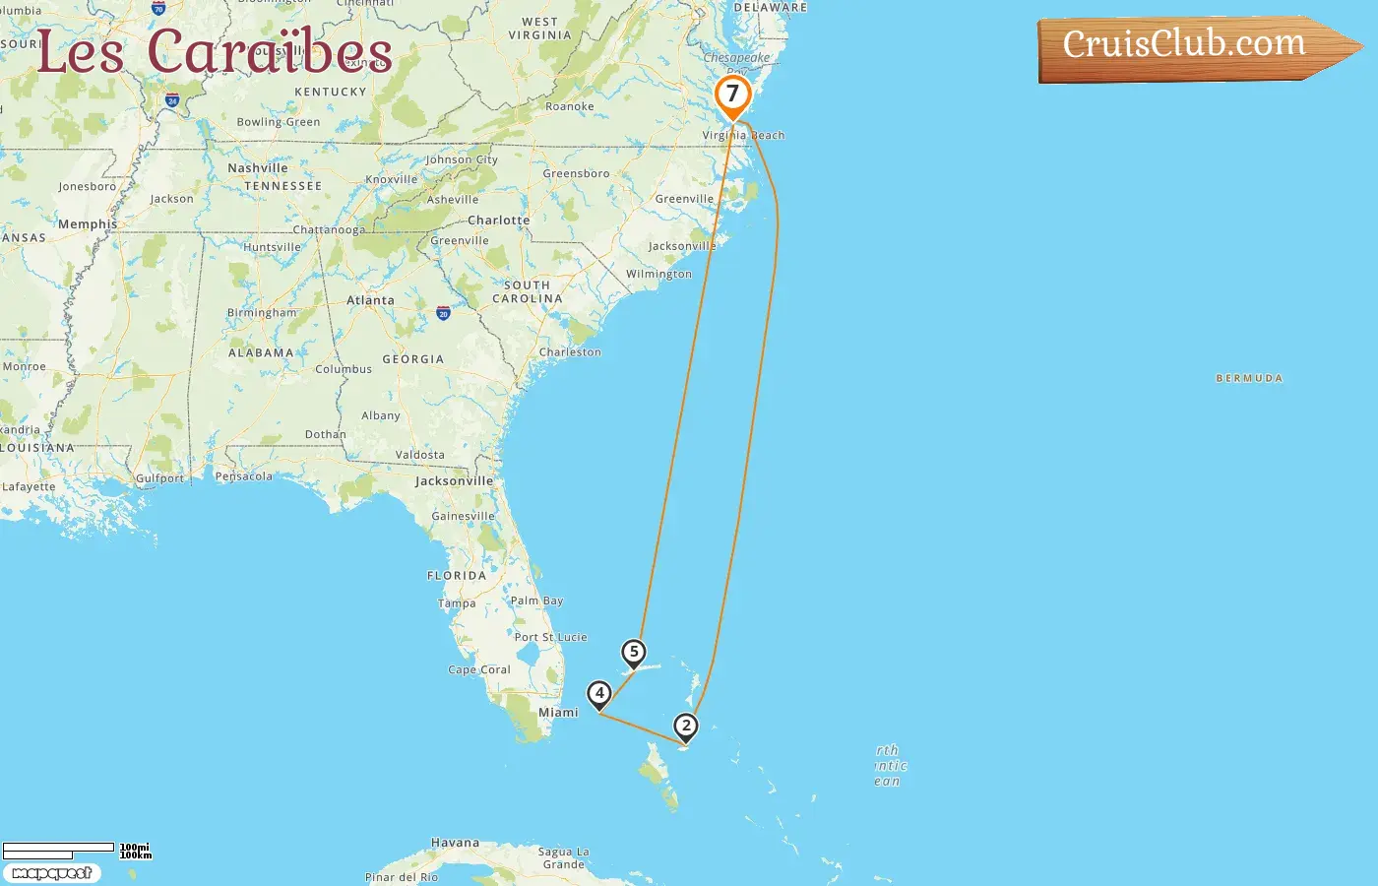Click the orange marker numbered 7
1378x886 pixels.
pyautogui.click(x=732, y=95)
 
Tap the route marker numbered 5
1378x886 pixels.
pyautogui.click(x=634, y=653)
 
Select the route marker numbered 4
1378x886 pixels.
pyautogui.click(x=599, y=694)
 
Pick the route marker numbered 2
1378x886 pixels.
pyautogui.click(x=686, y=728)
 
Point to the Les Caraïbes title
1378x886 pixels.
pyautogui.click(x=215, y=51)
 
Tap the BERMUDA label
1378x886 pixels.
pyautogui.click(x=1249, y=378)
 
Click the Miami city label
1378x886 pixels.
pyautogui.click(x=558, y=713)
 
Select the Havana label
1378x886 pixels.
pyautogui.click(x=455, y=843)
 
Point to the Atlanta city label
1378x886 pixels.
pyautogui.click(x=370, y=300)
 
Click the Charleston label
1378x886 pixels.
pyautogui.click(x=570, y=351)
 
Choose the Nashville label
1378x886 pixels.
pyautogui.click(x=258, y=168)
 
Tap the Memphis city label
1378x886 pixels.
pyautogui.click(x=87, y=224)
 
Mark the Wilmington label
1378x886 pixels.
pyautogui.click(x=658, y=274)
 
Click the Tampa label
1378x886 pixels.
pyautogui.click(x=457, y=603)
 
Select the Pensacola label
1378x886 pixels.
pyautogui.click(x=244, y=476)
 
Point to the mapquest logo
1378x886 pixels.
pyautogui.click(x=52, y=873)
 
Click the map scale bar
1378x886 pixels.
pyautogui.click(x=59, y=848)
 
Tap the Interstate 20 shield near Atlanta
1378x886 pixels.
pyautogui.click(x=443, y=313)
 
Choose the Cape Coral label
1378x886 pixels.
pyautogui.click(x=479, y=669)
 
